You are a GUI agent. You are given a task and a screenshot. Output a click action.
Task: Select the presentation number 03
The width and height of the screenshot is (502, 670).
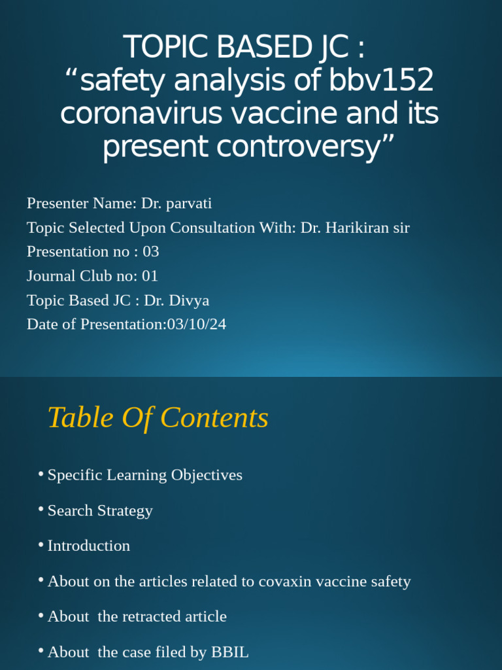click(x=150, y=252)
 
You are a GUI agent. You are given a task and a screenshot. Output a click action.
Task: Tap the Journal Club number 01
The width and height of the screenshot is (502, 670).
click(x=150, y=276)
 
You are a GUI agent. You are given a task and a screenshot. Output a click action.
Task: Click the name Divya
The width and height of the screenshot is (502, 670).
click(x=190, y=300)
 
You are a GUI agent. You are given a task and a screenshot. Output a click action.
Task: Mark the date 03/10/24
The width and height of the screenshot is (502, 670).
click(x=196, y=324)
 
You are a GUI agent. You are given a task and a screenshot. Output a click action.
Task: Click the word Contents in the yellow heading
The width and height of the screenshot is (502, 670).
click(x=214, y=418)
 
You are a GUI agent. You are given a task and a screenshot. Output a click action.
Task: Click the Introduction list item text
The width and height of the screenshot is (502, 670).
click(x=89, y=546)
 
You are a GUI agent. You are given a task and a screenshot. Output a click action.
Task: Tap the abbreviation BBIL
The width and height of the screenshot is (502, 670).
click(x=229, y=652)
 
